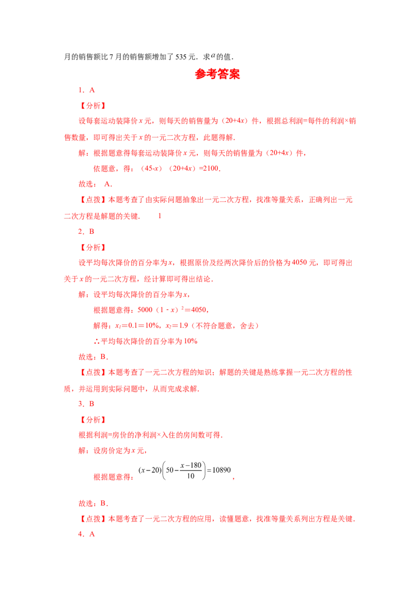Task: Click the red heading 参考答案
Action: [217, 74]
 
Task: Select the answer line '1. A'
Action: [87, 90]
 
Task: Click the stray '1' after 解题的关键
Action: [160, 216]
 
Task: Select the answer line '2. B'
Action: [86, 231]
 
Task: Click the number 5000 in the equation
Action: [145, 310]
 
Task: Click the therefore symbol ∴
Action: [97, 342]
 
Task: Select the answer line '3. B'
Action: [86, 404]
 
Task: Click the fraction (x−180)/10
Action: [191, 470]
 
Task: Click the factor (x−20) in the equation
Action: [150, 470]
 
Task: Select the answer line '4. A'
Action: [87, 534]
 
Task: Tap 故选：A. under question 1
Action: [96, 184]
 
